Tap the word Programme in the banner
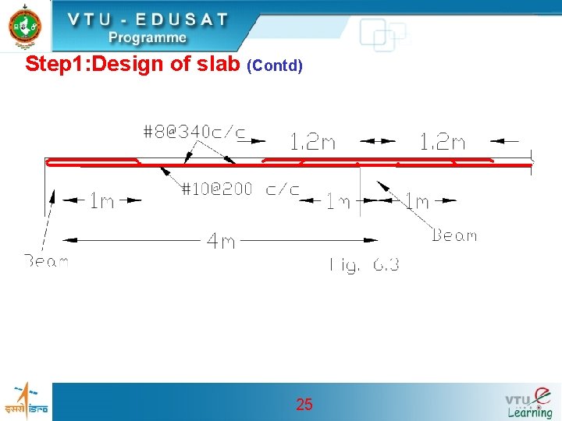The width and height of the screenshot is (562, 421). (148, 37)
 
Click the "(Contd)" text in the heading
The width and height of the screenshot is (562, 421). (274, 65)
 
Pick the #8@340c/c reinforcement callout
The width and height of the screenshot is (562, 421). (194, 132)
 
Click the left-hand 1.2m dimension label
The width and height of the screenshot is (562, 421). (312, 142)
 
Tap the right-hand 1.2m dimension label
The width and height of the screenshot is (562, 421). (442, 142)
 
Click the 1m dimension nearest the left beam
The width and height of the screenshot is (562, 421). (102, 201)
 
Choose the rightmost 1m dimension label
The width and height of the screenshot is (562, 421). (416, 201)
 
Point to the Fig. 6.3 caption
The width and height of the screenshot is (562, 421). (364, 265)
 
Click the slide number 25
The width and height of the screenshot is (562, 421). (304, 404)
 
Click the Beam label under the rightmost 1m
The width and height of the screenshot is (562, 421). (454, 235)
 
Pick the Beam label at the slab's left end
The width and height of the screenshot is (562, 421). (46, 261)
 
